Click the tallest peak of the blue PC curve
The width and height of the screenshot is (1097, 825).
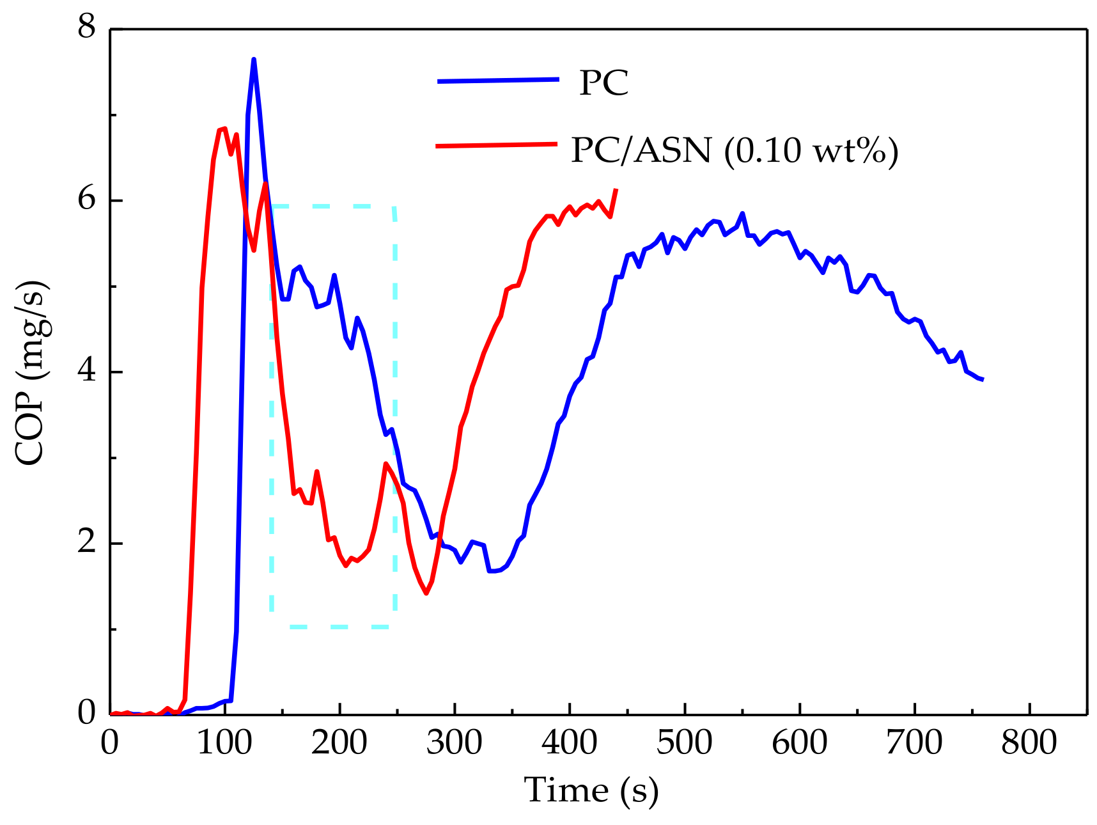pos(254,59)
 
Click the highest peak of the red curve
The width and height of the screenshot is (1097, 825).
pos(224,129)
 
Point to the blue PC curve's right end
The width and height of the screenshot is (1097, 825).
pos(982,380)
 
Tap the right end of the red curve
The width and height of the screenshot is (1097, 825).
pos(616,189)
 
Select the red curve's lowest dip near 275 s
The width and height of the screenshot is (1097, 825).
pos(426,593)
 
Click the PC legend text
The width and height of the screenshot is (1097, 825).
pos(603,83)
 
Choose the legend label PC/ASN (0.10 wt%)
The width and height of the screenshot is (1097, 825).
pos(735,151)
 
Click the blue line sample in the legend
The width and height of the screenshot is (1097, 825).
pos(498,81)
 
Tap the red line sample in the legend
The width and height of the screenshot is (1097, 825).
pos(496,145)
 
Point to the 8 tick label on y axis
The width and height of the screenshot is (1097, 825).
pos(86,28)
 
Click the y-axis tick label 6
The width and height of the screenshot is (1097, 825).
pos(86,200)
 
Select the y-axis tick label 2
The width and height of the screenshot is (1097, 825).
pos(86,543)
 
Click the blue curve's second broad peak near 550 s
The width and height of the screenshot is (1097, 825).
pos(742,214)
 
